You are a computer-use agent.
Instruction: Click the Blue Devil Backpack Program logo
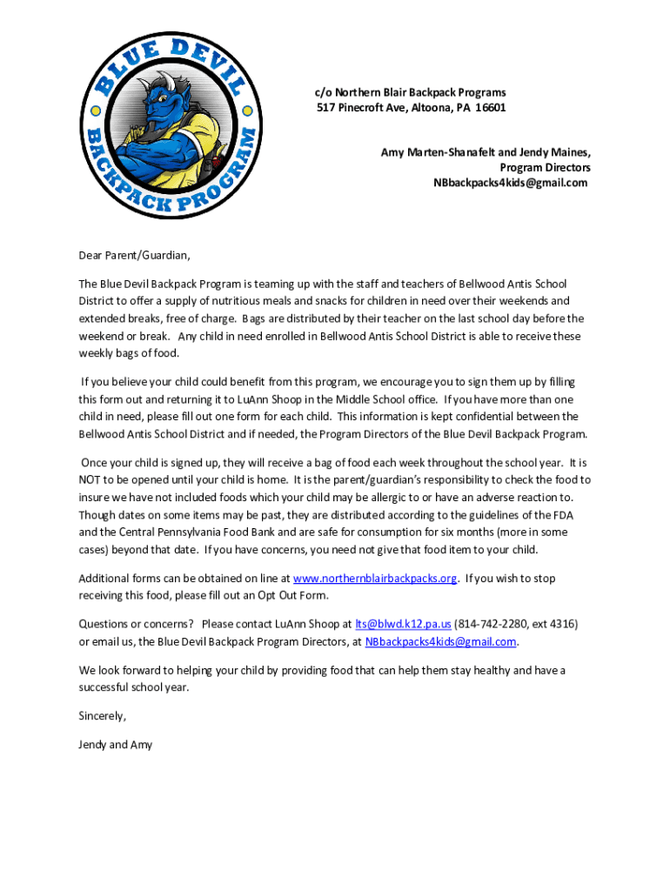[x=170, y=124]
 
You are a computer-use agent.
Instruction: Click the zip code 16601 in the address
[x=488, y=108]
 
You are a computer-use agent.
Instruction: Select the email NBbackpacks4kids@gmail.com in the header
[x=511, y=183]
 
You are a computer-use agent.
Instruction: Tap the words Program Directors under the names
[x=545, y=167]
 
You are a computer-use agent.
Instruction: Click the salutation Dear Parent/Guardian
[x=134, y=256]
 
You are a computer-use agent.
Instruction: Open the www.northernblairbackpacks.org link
[x=375, y=579]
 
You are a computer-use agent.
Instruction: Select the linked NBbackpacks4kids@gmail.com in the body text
[x=440, y=642]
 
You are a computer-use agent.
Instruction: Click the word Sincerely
[x=102, y=716]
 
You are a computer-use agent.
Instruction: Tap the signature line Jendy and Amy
[x=115, y=745]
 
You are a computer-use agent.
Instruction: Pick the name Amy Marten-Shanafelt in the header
[x=438, y=152]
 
